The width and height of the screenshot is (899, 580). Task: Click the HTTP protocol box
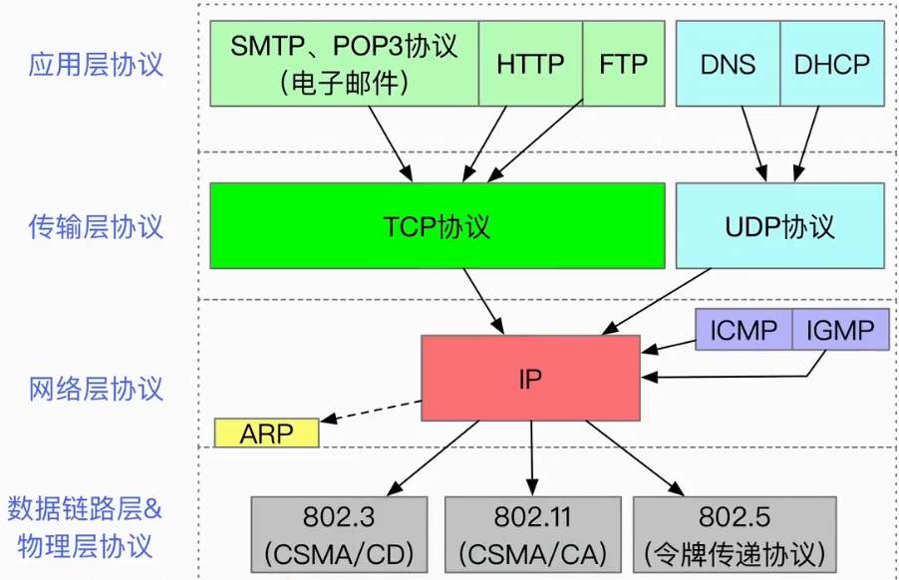pyautogui.click(x=530, y=64)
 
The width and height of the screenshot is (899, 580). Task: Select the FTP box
pyautogui.click(x=624, y=64)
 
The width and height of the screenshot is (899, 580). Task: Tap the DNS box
pyautogui.click(x=728, y=64)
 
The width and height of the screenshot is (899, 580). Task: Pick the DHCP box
pyautogui.click(x=832, y=64)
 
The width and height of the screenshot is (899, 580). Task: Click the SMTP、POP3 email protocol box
pyautogui.click(x=345, y=64)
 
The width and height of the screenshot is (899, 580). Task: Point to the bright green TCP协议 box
pyautogui.click(x=438, y=226)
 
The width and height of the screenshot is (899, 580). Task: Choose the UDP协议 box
pyautogui.click(x=780, y=226)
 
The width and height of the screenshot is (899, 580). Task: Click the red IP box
pyautogui.click(x=530, y=379)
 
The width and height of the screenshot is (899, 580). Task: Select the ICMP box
pyautogui.click(x=744, y=330)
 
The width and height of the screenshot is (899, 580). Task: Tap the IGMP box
pyautogui.click(x=840, y=330)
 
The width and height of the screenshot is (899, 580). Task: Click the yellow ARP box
pyautogui.click(x=266, y=433)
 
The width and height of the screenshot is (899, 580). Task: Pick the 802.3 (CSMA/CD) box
pyautogui.click(x=339, y=535)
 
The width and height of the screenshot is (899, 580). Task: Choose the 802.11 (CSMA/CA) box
pyautogui.click(x=532, y=535)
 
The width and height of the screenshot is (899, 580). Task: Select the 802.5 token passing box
pyautogui.click(x=735, y=535)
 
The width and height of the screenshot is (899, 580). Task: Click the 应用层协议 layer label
pyautogui.click(x=96, y=64)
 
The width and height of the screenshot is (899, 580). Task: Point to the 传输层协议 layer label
pyautogui.click(x=96, y=226)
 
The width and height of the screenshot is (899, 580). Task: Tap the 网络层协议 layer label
pyautogui.click(x=96, y=389)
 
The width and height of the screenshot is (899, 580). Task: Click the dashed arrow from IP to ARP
pyautogui.click(x=371, y=412)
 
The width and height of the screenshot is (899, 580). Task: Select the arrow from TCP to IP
pyautogui.click(x=483, y=301)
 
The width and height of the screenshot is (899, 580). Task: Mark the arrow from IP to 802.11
pyautogui.click(x=531, y=458)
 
